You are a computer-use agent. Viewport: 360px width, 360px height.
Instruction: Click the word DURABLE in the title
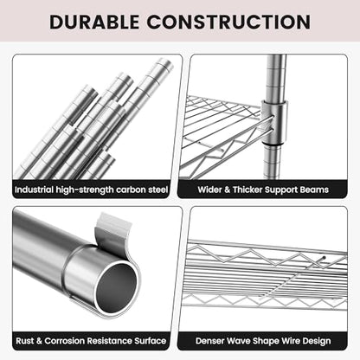tap(94, 22)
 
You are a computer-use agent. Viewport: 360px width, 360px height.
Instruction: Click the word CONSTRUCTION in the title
tap(229, 22)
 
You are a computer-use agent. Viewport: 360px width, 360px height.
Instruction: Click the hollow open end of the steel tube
tap(117, 287)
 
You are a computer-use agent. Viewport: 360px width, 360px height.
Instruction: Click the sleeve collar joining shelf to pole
tap(274, 122)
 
